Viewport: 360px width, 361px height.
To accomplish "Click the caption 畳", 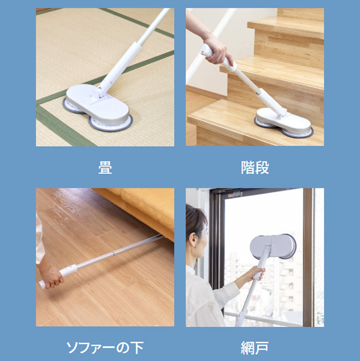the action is click(105, 168).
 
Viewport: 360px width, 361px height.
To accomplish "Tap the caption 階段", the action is click(255, 168).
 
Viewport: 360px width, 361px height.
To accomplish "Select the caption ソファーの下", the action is click(105, 348).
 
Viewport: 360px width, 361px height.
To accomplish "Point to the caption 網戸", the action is click(255, 348).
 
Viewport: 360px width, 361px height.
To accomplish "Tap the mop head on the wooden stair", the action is click(284, 122).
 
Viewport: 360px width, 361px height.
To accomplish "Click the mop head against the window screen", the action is click(273, 247).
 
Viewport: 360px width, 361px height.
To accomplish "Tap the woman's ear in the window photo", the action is click(193, 240).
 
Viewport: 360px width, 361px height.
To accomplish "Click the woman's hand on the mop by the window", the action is click(259, 274).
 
